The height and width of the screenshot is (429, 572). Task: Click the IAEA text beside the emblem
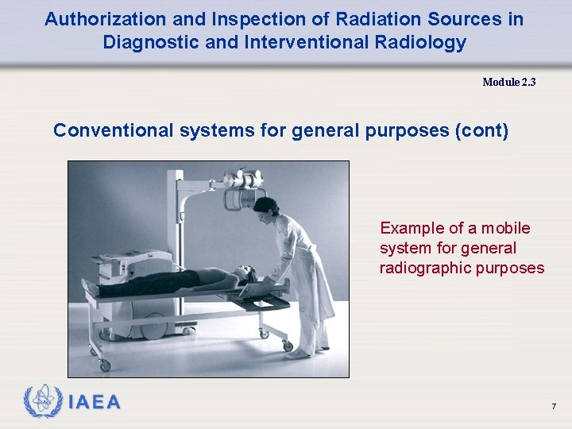95,403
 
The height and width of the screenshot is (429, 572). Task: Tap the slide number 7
554,407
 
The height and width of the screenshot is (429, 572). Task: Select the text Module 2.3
508,82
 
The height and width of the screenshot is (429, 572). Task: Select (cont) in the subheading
481,130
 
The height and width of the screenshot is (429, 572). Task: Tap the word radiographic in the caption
425,268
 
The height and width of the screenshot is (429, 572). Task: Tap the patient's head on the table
247,274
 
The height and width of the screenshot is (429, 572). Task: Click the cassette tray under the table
262,303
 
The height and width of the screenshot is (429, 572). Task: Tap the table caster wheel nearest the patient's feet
103,365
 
